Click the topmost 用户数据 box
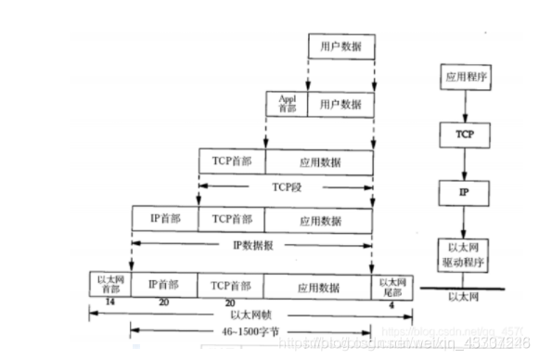point(340,47)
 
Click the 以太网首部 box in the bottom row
point(109,283)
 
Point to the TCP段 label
point(286,186)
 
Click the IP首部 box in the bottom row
point(164,284)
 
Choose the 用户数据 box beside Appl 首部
point(340,102)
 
